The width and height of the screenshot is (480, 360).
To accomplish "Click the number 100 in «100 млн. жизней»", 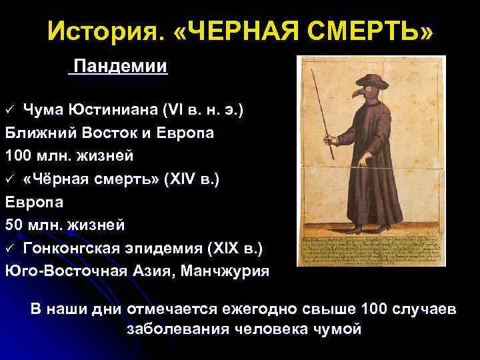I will (19, 156).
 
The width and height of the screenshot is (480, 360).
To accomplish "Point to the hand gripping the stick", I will (329, 141).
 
